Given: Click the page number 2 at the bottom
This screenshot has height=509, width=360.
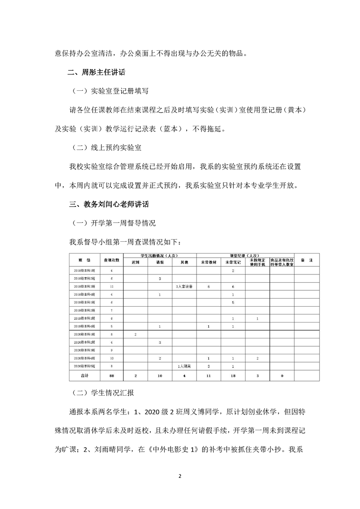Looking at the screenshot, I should click(180, 476).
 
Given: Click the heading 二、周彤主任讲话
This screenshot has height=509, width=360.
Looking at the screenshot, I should click(97, 73).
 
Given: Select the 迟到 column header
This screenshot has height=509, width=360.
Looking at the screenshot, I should click(135, 263).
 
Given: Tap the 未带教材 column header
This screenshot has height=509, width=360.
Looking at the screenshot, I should click(208, 263).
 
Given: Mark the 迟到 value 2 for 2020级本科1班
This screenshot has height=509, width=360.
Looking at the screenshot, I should click(135, 334).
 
